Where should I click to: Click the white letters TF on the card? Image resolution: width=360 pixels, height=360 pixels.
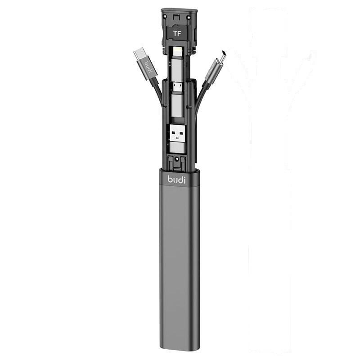(x=177, y=33)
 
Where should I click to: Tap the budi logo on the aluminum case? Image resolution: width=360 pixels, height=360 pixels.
(x=176, y=179)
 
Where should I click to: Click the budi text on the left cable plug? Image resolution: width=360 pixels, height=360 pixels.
(x=148, y=66)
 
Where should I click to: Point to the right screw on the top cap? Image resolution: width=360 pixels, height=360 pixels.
(x=189, y=18)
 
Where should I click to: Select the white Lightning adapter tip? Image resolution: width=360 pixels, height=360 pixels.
(x=178, y=52)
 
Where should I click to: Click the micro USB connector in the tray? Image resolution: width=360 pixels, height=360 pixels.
(x=176, y=87)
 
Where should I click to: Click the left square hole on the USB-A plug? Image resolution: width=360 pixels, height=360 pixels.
(x=174, y=133)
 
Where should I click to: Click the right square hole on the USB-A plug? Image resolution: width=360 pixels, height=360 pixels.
(x=181, y=133)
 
